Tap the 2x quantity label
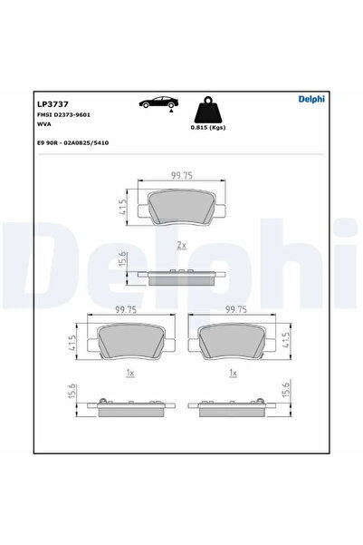tap(181, 246)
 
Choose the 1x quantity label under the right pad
tap(234, 372)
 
